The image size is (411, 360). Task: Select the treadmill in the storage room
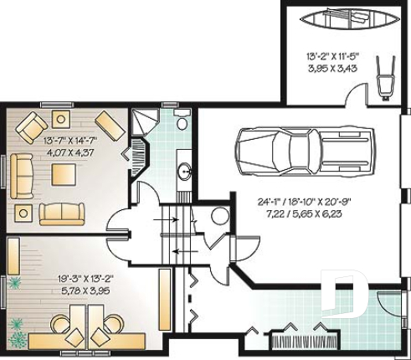384,79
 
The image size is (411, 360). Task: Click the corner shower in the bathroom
145,122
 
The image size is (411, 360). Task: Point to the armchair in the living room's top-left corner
31,126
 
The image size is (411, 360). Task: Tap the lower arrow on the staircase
178,249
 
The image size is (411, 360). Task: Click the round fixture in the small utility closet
219,216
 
